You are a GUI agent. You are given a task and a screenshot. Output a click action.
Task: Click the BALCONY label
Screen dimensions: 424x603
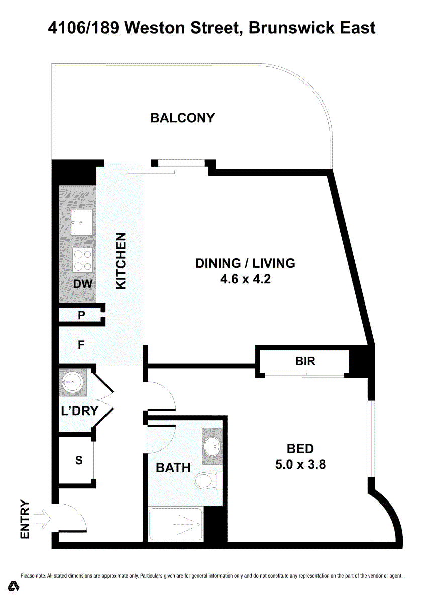click(182, 118)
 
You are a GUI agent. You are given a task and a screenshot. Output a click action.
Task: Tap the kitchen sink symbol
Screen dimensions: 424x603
click(81, 222)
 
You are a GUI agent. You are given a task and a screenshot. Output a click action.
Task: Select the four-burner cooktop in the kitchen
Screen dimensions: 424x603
click(83, 260)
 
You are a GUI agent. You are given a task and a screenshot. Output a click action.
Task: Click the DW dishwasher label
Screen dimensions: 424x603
click(83, 284)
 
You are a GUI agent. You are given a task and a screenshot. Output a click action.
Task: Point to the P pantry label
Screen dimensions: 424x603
click(81, 315)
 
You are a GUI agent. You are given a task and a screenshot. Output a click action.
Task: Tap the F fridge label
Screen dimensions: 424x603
click(81, 345)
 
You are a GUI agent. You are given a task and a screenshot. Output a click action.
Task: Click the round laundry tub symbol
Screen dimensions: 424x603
click(72, 382)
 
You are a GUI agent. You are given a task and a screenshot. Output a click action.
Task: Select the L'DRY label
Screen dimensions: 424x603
click(80, 411)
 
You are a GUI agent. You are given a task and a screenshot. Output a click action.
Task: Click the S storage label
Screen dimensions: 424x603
click(79, 460)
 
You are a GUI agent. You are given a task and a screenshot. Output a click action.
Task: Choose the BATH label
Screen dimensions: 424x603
click(173, 468)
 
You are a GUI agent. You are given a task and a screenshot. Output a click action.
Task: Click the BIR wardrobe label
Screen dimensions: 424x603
click(305, 361)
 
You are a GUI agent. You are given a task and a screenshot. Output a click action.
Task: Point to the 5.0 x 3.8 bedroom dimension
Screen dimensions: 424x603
click(300, 465)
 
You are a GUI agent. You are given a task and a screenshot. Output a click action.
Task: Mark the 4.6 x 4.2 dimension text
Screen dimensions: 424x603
click(245, 279)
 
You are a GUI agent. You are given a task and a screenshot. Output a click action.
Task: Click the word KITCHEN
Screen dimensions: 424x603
click(121, 261)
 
